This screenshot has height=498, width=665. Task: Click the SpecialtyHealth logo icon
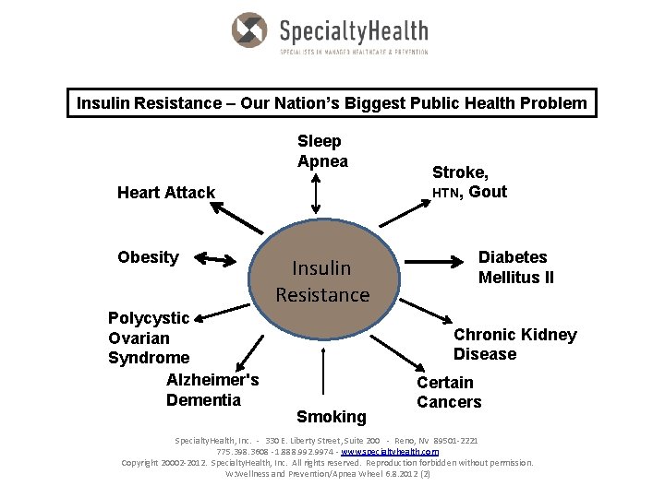(x=249, y=30)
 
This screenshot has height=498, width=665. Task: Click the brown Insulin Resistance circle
(x=322, y=281)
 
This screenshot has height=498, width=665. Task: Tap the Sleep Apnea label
(x=320, y=151)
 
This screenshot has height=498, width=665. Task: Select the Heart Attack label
(x=166, y=193)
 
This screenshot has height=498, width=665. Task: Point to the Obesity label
(x=148, y=257)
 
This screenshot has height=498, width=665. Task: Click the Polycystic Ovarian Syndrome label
(x=149, y=338)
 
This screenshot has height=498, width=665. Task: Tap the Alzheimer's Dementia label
(x=212, y=390)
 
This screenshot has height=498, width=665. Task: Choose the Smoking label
(x=332, y=417)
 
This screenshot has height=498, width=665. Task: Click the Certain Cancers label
(x=449, y=392)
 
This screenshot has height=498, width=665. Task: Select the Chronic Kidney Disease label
(x=514, y=345)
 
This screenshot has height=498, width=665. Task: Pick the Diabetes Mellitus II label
(x=516, y=267)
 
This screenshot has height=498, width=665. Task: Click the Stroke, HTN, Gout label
(x=469, y=183)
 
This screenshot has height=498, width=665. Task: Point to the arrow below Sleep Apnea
(x=316, y=195)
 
